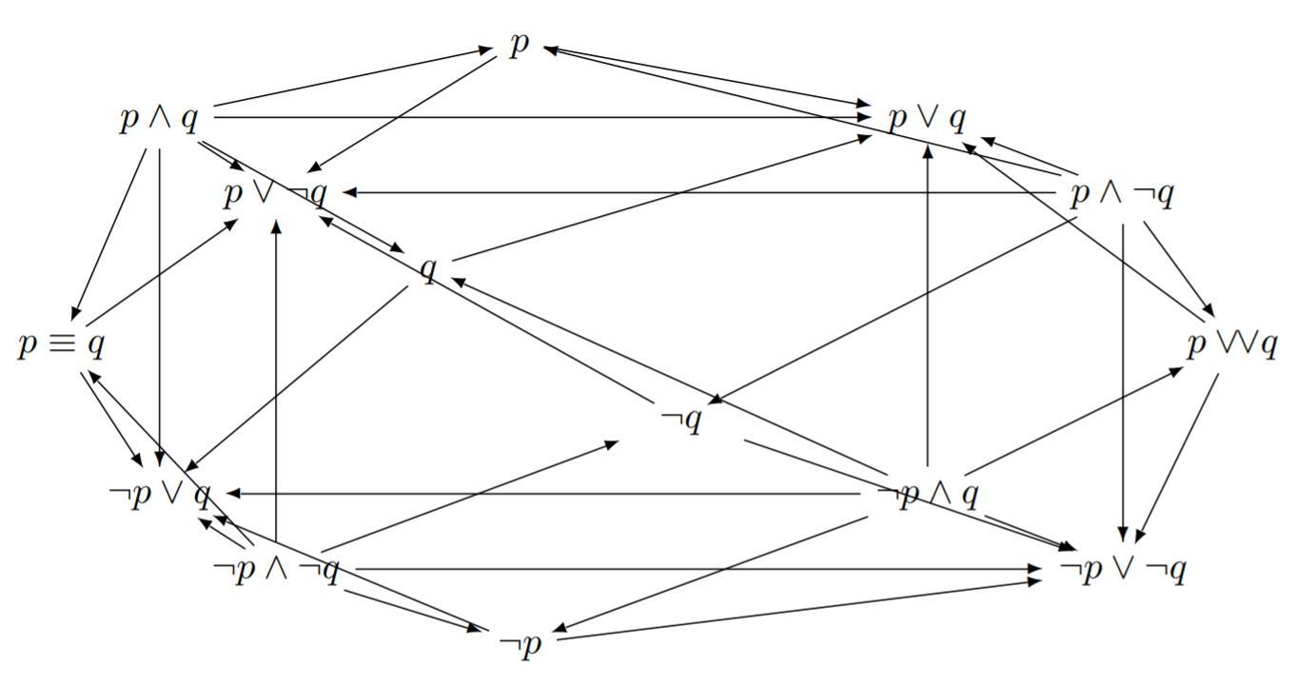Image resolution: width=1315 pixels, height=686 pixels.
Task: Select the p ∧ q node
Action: point(160,120)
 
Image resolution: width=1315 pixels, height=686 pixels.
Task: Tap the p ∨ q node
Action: point(927,119)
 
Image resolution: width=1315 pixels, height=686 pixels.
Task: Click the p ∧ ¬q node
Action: point(1122,194)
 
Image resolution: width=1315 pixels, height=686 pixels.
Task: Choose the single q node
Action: point(429,270)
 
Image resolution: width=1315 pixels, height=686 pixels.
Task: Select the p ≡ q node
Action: point(62,344)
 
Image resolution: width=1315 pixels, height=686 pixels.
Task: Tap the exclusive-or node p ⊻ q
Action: point(1231,344)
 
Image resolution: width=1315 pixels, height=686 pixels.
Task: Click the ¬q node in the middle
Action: point(681,420)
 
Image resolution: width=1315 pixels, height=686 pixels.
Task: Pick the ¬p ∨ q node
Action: point(160,495)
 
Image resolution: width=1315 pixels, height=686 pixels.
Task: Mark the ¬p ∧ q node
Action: point(927,495)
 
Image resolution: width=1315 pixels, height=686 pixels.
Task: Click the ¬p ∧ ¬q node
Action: point(276,570)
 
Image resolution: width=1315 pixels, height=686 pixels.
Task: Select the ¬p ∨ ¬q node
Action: point(1122,570)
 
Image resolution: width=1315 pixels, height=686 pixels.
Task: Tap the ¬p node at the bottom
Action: point(519,644)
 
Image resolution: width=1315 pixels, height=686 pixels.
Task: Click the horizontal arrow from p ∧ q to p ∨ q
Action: point(542,117)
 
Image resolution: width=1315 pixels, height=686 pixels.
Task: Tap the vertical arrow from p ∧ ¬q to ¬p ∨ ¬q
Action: point(1123,381)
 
